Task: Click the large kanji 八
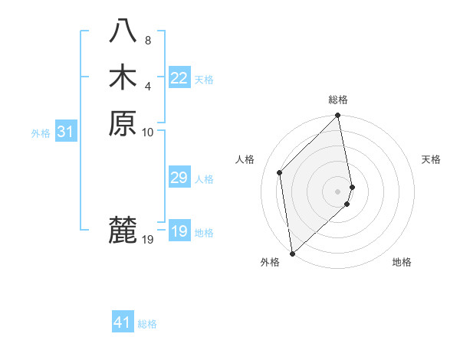[123, 31]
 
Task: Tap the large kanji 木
[123, 77]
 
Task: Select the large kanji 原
[123, 123]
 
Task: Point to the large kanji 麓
[123, 230]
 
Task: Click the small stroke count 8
[148, 39]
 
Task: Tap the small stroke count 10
[148, 132]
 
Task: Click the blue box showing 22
[179, 78]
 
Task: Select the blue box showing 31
[66, 132]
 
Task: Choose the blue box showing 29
[179, 178]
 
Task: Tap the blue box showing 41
[123, 322]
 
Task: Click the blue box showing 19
[179, 231]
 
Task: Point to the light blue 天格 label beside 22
[204, 80]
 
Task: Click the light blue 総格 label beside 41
[147, 324]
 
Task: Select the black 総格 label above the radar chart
[338, 100]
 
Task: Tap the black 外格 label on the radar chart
[270, 262]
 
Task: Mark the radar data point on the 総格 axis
[338, 116]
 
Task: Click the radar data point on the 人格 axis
[280, 172]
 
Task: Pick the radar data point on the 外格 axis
[292, 253]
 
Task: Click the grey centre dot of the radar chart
[338, 191]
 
